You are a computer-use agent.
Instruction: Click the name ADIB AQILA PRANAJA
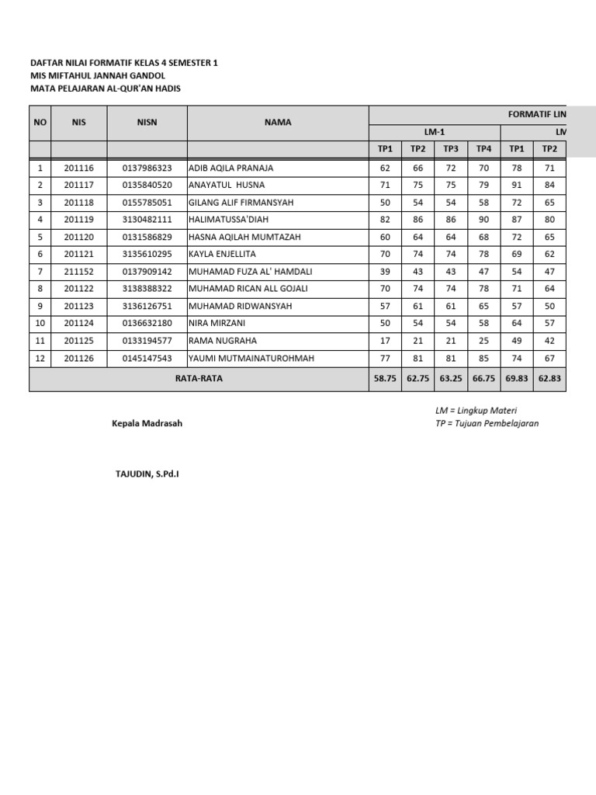click(230, 168)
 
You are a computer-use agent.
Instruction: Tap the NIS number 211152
click(78, 271)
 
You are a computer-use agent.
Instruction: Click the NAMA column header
click(277, 123)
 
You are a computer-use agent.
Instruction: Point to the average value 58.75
click(386, 379)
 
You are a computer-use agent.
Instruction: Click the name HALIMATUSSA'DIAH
click(227, 220)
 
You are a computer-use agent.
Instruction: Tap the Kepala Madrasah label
click(147, 423)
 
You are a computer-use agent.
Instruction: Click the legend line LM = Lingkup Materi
click(476, 410)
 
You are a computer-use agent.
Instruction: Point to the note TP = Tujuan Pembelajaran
click(487, 423)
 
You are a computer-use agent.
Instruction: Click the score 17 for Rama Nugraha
click(386, 340)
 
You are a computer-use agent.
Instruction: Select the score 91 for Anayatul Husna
click(516, 185)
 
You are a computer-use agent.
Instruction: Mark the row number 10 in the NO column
click(40, 323)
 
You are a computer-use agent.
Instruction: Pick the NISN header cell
click(147, 123)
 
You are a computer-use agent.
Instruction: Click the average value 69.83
click(516, 379)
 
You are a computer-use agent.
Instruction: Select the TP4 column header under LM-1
click(483, 149)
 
